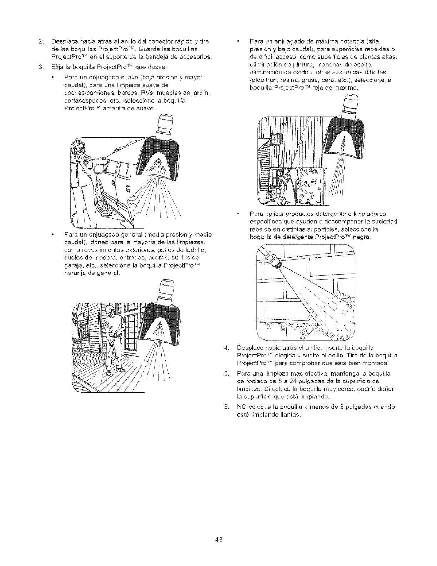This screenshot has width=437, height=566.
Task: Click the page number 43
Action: click(x=218, y=540)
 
